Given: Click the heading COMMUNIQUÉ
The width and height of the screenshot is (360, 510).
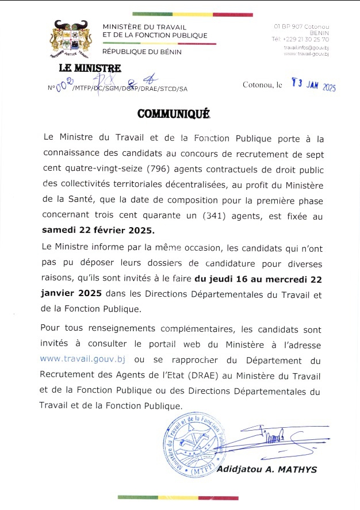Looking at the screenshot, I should click(174, 114).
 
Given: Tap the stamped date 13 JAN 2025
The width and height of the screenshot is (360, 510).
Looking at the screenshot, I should click(314, 86).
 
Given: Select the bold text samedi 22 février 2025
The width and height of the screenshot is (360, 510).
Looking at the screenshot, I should click(98, 231).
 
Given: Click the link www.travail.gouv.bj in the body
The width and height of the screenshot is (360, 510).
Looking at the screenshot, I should click(82, 359).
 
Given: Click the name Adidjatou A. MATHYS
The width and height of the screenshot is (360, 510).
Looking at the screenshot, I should click(266, 469).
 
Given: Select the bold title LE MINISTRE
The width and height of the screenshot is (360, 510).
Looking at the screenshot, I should click(90, 70).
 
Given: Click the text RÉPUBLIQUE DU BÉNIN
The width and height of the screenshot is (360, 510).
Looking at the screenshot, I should click(141, 52).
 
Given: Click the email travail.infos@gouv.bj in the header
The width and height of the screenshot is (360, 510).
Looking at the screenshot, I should click(306, 48).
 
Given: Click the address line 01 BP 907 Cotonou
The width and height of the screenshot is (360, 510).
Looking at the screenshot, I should click(301, 26).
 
